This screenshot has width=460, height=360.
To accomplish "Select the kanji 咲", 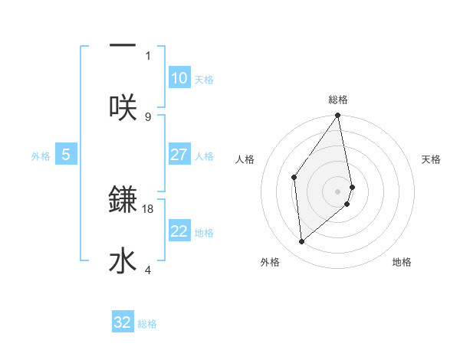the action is pos(123,107).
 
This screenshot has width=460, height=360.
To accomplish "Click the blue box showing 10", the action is pos(179,78).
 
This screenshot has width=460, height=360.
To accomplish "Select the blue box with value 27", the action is pos(179,155).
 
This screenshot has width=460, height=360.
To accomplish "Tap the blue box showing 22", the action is pos(179,231).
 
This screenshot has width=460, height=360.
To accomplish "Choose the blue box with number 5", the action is pos(66,155).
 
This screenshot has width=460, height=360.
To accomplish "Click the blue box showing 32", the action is pos(123,322).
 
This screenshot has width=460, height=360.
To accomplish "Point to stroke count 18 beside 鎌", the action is pos(148,208).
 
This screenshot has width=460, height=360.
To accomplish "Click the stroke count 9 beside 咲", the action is pos(148,116).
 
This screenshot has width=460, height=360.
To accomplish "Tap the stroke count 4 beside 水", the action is pos(148,270).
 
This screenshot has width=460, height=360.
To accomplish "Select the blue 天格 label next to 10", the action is pos(204,80).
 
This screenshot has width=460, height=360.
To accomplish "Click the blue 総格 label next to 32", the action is pos(147,324).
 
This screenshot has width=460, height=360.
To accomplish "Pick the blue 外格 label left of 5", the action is pos(41,156).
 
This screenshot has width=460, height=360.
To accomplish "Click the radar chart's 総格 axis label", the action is pos(338,100).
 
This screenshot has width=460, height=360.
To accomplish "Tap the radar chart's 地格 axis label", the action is pos(402,262).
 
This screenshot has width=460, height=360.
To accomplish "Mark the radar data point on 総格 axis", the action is pos(338,116).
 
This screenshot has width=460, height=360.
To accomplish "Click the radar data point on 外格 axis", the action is pos(302,241).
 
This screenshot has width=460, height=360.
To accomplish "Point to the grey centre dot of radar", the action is pos(338,191).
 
